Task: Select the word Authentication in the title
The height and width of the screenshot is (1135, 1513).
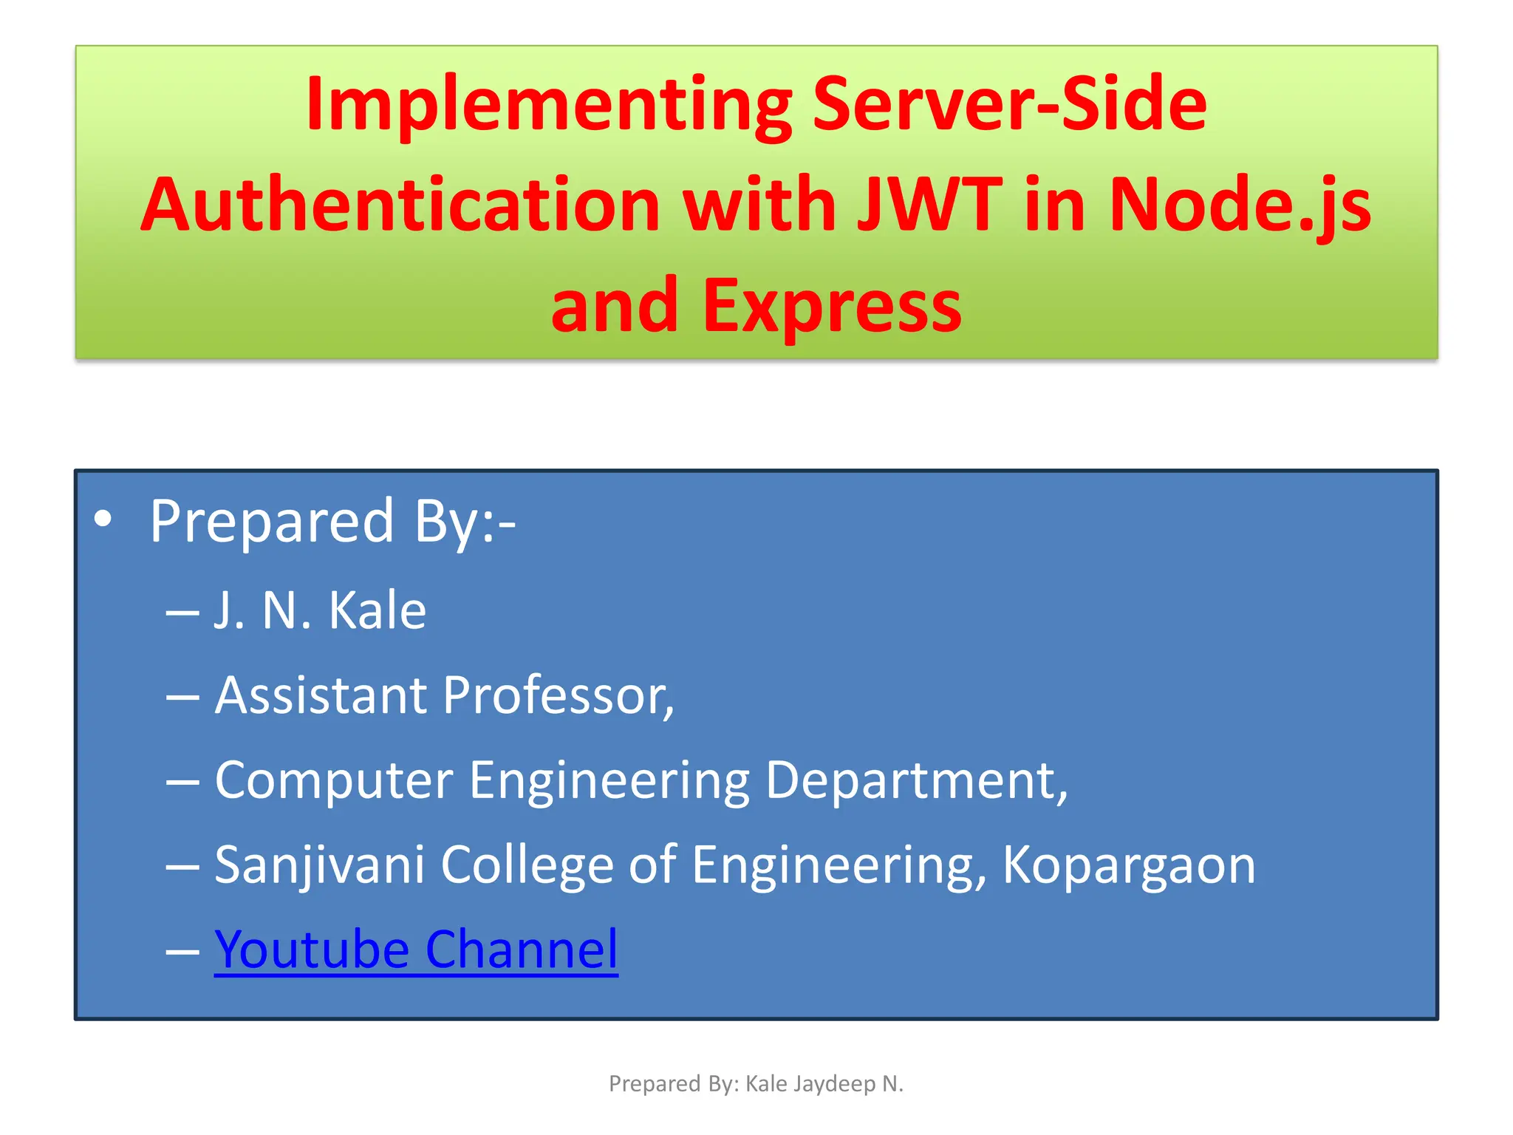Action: coord(400,205)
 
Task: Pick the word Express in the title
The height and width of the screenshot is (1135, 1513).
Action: coord(832,305)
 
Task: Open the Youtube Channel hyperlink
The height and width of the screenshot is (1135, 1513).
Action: coord(416,950)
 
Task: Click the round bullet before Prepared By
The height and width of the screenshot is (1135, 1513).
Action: coord(103,519)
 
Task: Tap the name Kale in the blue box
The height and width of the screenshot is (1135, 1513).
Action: coord(377,611)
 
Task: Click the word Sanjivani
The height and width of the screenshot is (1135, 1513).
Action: coord(319,865)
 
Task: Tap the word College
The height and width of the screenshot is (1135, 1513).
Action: coord(527,865)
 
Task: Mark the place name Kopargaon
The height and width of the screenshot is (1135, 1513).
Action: coord(1128,865)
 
